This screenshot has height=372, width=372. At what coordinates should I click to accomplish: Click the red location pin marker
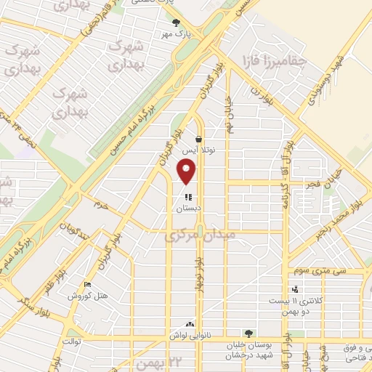[187, 171]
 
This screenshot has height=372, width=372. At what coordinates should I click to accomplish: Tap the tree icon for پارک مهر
[175, 22]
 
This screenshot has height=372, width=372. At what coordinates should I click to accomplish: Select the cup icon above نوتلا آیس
[198, 137]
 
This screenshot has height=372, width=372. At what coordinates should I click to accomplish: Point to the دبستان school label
[188, 208]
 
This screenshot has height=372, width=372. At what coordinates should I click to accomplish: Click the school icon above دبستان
[188, 196]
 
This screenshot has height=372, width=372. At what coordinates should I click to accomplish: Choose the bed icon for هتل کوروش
[88, 285]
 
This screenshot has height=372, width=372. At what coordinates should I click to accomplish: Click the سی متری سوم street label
[307, 270]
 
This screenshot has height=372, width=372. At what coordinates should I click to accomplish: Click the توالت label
[70, 341]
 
